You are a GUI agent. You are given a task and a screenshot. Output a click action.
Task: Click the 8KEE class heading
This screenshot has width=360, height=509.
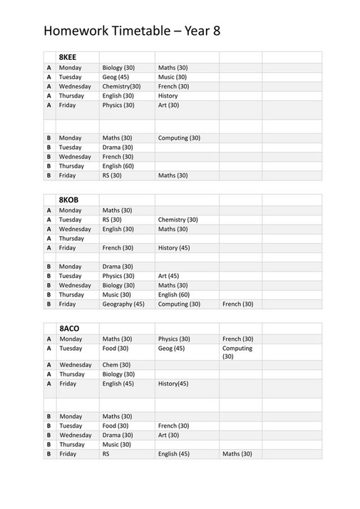click(68, 56)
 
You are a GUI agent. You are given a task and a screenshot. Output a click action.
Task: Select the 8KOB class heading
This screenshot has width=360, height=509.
click(69, 199)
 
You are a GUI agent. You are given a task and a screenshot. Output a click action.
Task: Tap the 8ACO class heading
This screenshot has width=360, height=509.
click(69, 328)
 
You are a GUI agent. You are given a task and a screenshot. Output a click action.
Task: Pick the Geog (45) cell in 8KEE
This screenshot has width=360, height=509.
click(115, 77)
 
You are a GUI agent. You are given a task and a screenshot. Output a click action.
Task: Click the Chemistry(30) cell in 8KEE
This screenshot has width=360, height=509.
click(121, 86)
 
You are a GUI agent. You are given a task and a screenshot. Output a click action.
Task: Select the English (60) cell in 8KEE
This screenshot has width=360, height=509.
click(118, 165)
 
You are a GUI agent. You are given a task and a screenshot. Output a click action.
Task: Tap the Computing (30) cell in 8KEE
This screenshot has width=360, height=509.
click(179, 138)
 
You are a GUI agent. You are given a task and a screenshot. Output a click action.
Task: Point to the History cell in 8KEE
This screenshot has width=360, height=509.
click(168, 96)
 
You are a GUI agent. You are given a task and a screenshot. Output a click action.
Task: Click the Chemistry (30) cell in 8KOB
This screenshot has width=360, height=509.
click(178, 220)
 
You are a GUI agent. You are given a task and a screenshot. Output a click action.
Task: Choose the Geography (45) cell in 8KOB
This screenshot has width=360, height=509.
click(123, 304)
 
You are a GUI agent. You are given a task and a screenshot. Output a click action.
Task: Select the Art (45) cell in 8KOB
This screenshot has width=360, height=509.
click(168, 276)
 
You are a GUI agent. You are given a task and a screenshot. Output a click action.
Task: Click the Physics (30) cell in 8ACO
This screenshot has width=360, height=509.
click(173, 339)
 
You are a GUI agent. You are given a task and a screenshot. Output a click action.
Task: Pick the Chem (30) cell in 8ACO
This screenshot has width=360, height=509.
click(115, 364)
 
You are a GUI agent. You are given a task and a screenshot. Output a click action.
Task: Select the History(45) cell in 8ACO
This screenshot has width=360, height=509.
click(173, 384)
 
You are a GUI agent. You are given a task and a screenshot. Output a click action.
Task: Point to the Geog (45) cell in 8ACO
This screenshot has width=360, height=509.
click(171, 349)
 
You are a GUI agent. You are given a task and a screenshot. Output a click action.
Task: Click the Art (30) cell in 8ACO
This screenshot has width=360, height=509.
click(168, 435)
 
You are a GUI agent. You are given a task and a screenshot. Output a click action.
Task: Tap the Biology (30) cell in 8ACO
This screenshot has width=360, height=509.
click(118, 374)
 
